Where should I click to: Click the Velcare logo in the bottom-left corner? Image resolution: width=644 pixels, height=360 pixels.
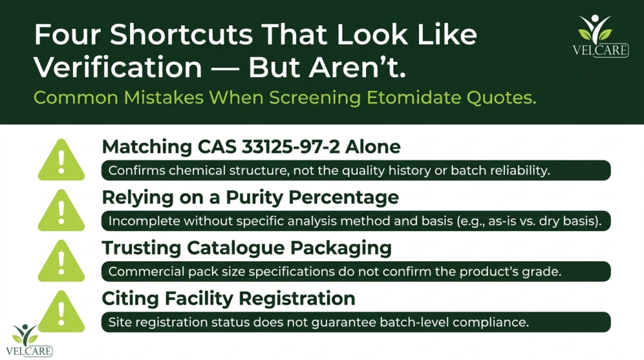point(29,340)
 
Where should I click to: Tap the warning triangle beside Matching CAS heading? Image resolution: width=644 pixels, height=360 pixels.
point(61,159)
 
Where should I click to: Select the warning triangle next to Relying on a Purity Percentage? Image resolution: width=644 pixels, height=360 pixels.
point(61,210)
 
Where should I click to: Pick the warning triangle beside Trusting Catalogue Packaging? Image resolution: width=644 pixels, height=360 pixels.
point(61,261)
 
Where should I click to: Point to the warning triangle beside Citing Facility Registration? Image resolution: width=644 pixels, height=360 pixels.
point(61,311)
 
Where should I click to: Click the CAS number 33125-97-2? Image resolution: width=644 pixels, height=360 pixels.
point(291,147)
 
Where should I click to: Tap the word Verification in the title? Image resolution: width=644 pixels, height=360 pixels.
point(118,67)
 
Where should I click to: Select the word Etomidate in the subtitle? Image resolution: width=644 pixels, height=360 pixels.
point(414,98)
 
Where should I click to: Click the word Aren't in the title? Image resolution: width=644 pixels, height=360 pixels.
point(357,67)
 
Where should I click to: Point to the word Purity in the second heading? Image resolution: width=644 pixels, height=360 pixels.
point(255,197)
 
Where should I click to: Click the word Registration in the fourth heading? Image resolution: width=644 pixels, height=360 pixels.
point(297,298)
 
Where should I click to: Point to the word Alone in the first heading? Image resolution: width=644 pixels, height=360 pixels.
point(372,147)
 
